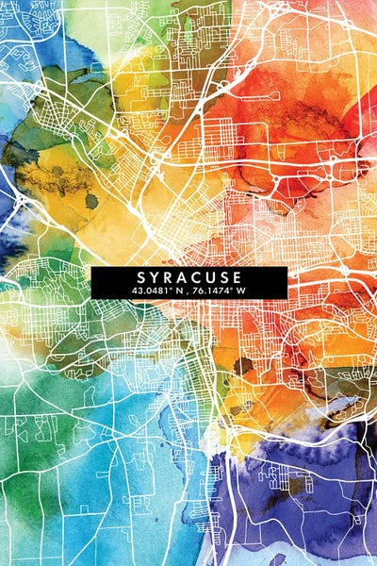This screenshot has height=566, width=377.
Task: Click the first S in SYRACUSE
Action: [141, 277]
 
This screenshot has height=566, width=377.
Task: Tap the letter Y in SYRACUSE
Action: [156, 277]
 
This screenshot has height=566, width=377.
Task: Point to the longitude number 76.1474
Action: [213, 291]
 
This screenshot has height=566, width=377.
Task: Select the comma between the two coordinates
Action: [188, 292]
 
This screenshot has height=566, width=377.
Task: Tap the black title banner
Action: [189, 283]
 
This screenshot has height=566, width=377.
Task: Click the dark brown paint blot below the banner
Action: [244, 365]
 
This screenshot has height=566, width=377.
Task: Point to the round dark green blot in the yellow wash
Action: [91, 201]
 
